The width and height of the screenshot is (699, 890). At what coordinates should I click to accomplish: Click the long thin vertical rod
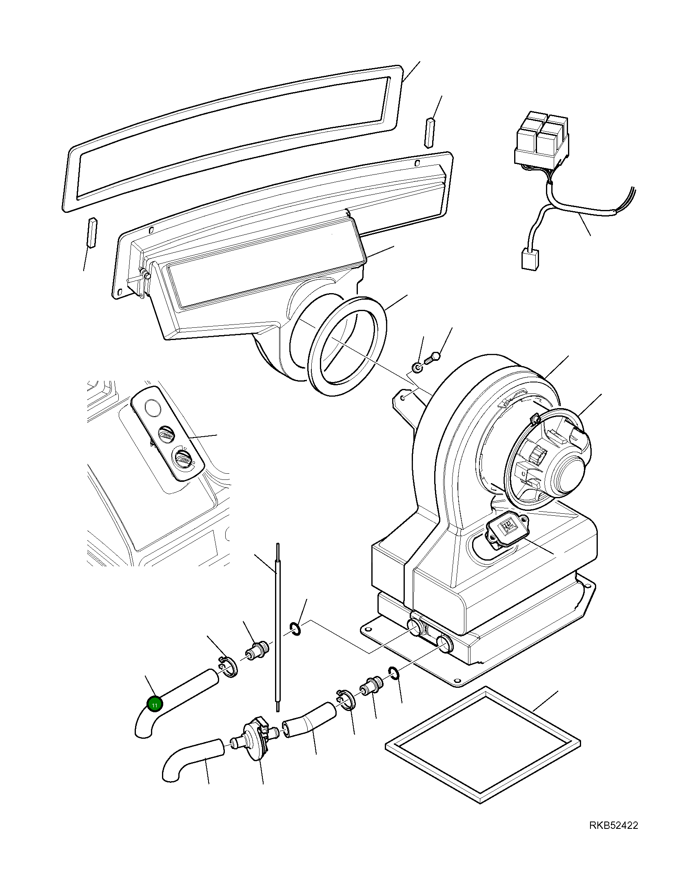[x=277, y=629]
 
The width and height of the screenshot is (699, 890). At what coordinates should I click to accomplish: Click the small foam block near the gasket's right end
[x=430, y=132]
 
